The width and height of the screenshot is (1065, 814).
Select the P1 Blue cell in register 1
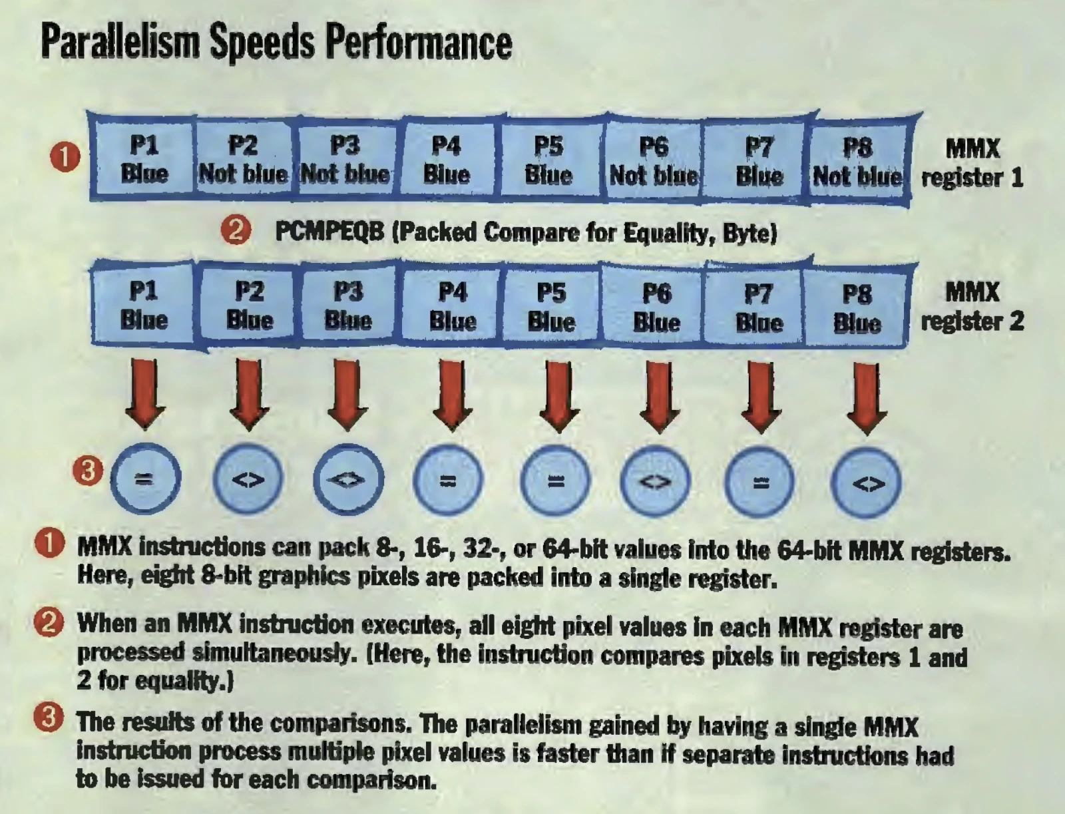[144, 158]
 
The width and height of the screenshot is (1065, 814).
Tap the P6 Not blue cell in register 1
[654, 160]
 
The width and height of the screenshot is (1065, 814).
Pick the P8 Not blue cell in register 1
[857, 162]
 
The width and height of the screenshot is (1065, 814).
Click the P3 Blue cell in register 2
[348, 305]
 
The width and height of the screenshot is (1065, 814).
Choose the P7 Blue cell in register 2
[758, 307]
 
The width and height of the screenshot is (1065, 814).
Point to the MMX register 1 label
[972, 162]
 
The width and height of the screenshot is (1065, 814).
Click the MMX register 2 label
[972, 307]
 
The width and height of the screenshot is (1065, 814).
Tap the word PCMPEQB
[329, 232]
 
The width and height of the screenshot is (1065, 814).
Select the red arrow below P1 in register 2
[144, 394]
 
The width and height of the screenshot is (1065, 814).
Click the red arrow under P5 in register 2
[559, 397]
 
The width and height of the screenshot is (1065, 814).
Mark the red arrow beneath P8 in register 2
[867, 399]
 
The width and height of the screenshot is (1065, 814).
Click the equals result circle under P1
[146, 479]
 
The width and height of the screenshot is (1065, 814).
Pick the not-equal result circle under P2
[248, 479]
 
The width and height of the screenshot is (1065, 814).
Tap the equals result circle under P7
[759, 482]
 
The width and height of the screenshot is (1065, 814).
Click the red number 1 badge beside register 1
[65, 156]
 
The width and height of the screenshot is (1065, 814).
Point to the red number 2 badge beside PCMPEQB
[236, 231]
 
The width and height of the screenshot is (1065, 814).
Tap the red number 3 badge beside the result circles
[87, 471]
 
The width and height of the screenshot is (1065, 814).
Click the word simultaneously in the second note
[271, 654]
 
